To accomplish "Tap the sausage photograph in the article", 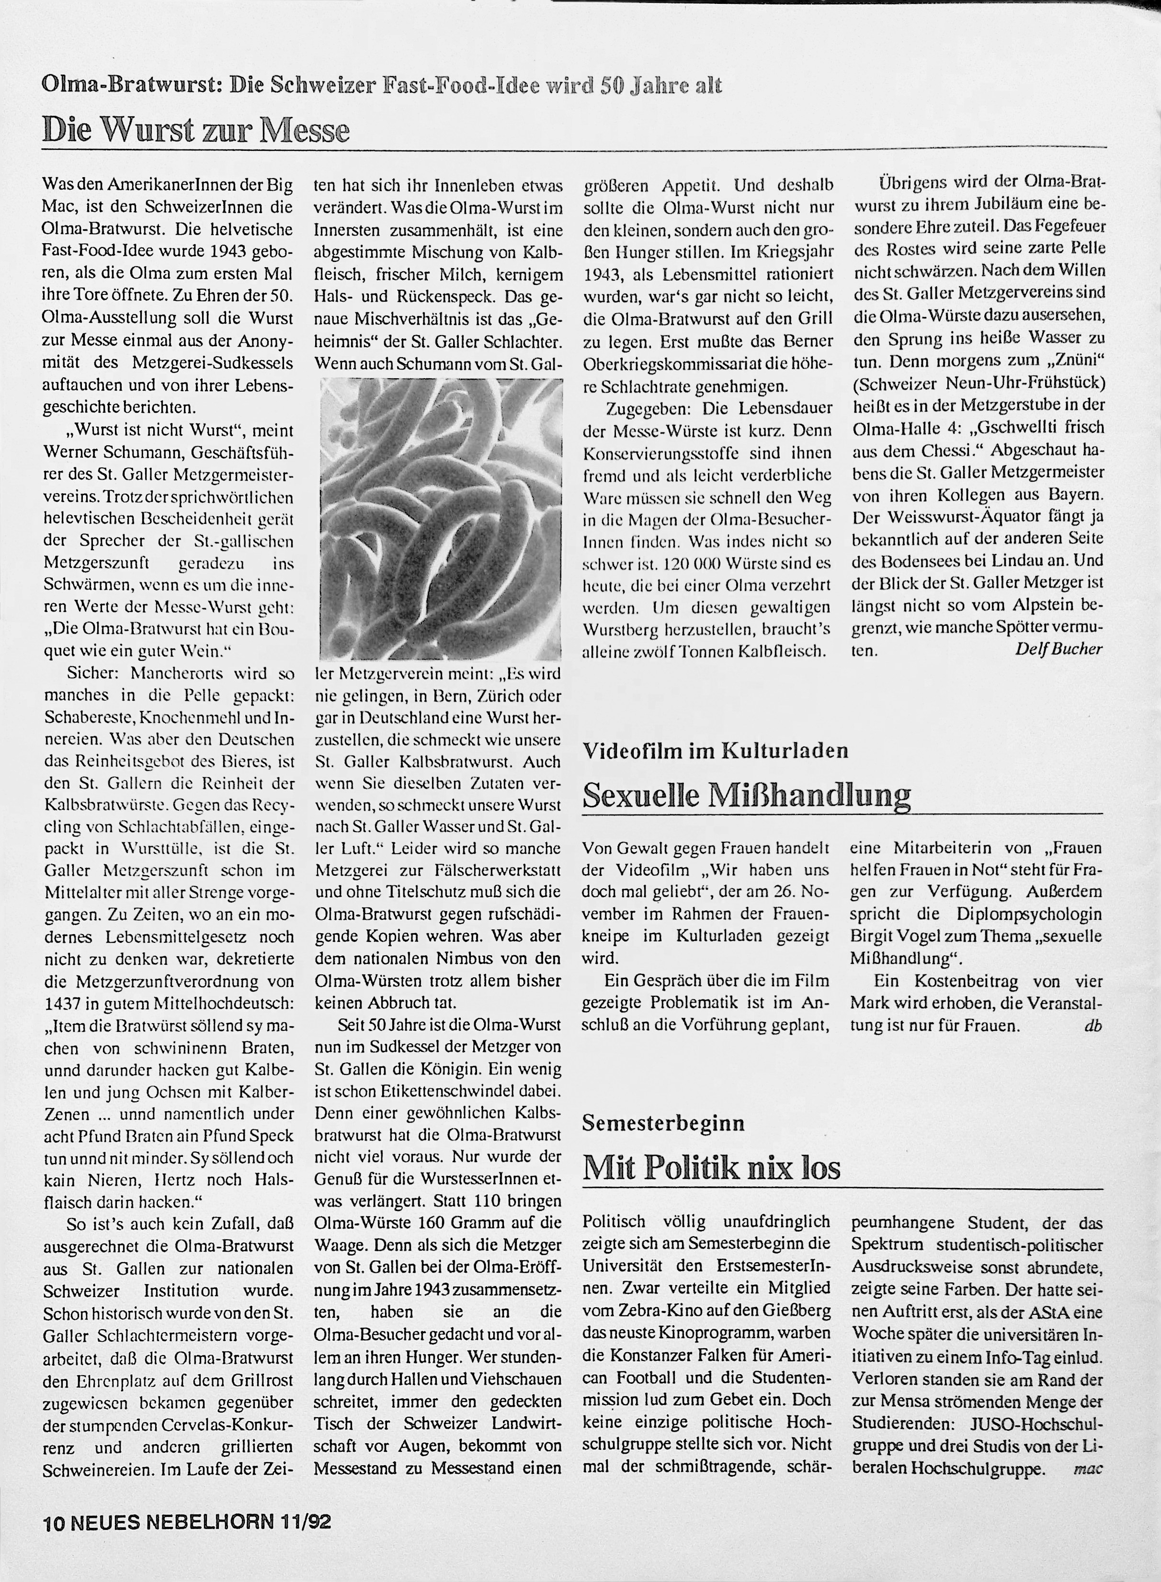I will (x=441, y=519).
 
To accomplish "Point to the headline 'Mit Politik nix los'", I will (x=711, y=1167).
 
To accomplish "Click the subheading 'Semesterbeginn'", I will (x=663, y=1122).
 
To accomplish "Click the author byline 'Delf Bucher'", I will (x=1059, y=648).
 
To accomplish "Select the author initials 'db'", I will (x=1093, y=1026).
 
